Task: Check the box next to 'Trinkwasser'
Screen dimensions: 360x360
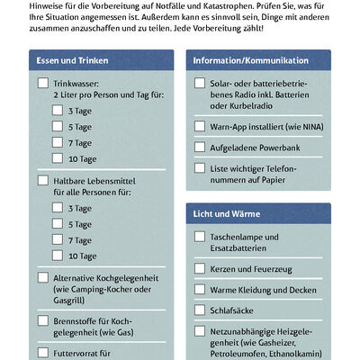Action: [x=43, y=83]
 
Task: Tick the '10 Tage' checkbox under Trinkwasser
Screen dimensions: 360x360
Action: [x=58, y=159]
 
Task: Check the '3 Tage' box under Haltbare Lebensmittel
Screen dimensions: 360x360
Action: [x=58, y=208]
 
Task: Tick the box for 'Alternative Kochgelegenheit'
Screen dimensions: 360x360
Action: [x=43, y=278]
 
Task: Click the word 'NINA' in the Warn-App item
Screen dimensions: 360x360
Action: [x=296, y=127]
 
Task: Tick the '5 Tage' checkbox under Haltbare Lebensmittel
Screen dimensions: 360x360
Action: [x=58, y=224]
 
